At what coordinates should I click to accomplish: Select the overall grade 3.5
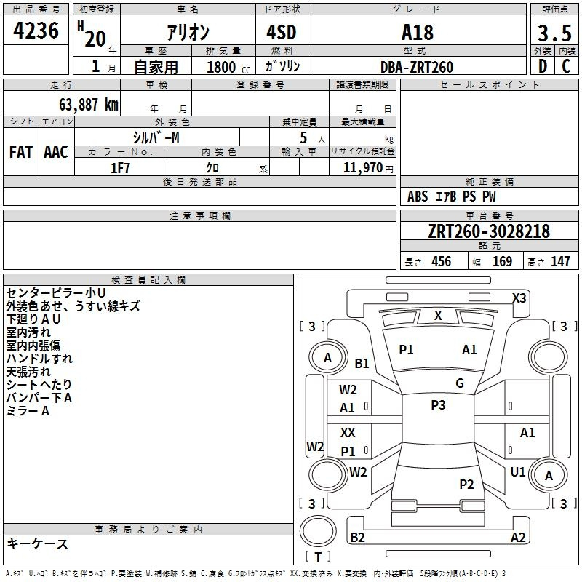553,33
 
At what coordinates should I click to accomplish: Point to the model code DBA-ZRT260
417,66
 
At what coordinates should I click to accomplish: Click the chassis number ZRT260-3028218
488,231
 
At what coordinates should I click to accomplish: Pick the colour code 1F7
120,167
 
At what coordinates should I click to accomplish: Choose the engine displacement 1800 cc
221,67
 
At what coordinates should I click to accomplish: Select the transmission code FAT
21,152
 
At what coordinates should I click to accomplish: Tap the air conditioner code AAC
56,152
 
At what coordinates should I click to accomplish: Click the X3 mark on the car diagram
519,298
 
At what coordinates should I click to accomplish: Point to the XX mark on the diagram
348,433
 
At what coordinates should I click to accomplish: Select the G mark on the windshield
460,383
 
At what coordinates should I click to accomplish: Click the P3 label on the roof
437,405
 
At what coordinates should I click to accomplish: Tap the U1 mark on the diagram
517,472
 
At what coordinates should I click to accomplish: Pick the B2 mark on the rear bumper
358,537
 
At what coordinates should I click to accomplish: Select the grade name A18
417,33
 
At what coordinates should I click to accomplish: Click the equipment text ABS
418,196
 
